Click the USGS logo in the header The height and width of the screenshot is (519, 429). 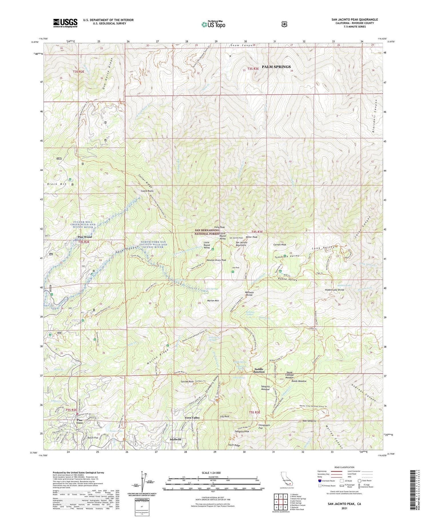pyautogui.click(x=65, y=23)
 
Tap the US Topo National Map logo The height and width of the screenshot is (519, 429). pyautogui.click(x=213, y=24)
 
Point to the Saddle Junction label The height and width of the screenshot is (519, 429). pyautogui.click(x=259, y=370)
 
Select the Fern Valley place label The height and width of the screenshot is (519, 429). pyautogui.click(x=192, y=418)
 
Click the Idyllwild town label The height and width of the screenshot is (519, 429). pyautogui.click(x=176, y=439)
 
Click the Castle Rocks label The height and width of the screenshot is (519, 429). pyautogui.click(x=147, y=191)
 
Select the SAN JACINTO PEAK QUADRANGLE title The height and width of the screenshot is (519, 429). pyautogui.click(x=354, y=19)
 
